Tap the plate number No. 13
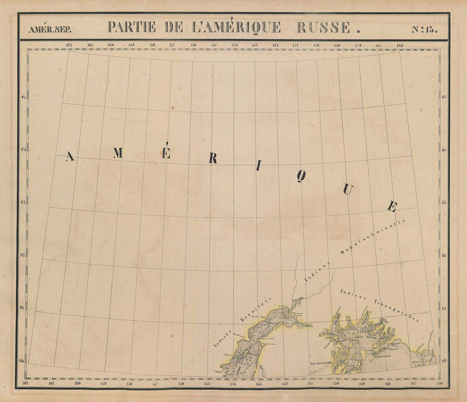pos(424,29)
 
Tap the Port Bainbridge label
pos(319,364)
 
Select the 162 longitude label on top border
pos(69,45)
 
